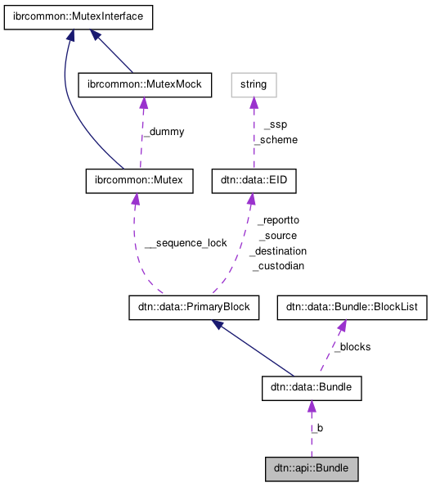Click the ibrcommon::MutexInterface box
[79, 16]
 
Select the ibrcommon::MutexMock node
[144, 83]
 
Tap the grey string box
[254, 83]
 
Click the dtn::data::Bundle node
[311, 389]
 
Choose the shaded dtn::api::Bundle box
[312, 469]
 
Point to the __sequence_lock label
[186, 243]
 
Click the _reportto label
[278, 220]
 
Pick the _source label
[278, 236]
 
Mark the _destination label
[278, 250]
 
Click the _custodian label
[278, 266]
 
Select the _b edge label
[317, 428]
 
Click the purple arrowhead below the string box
[254, 102]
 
